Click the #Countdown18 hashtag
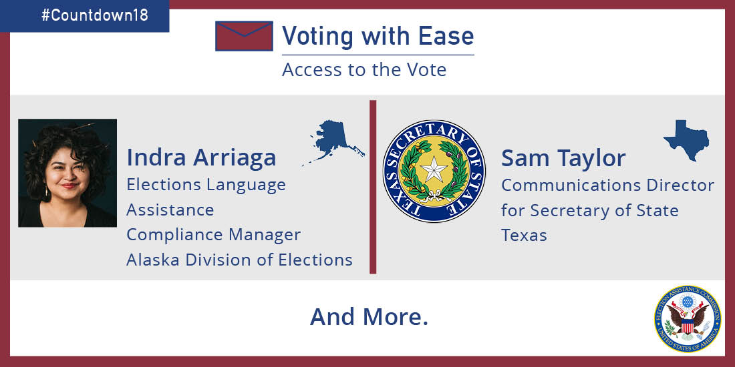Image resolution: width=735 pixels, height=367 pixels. pos(95,15)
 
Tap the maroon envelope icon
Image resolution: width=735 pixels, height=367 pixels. pos(244,36)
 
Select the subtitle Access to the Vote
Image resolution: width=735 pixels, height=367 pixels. pos(364,70)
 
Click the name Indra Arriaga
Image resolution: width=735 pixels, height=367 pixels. pos(201,157)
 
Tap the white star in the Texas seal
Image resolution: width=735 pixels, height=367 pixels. pos(434,170)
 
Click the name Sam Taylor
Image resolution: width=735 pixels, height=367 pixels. pos(563,158)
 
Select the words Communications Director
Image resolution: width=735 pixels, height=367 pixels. pos(607,186)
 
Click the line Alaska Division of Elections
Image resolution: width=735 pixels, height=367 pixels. pos(239,260)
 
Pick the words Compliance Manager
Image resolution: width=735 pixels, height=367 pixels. pos(214,235)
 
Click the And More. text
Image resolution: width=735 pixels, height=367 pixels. pos(369,317)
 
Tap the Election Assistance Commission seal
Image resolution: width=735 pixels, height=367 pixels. pos(688,319)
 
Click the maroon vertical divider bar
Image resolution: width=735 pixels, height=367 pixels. pos(373,187)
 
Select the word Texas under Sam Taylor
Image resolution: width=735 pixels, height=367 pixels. pos(524,235)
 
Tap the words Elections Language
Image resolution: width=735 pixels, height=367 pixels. pos(206,186)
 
